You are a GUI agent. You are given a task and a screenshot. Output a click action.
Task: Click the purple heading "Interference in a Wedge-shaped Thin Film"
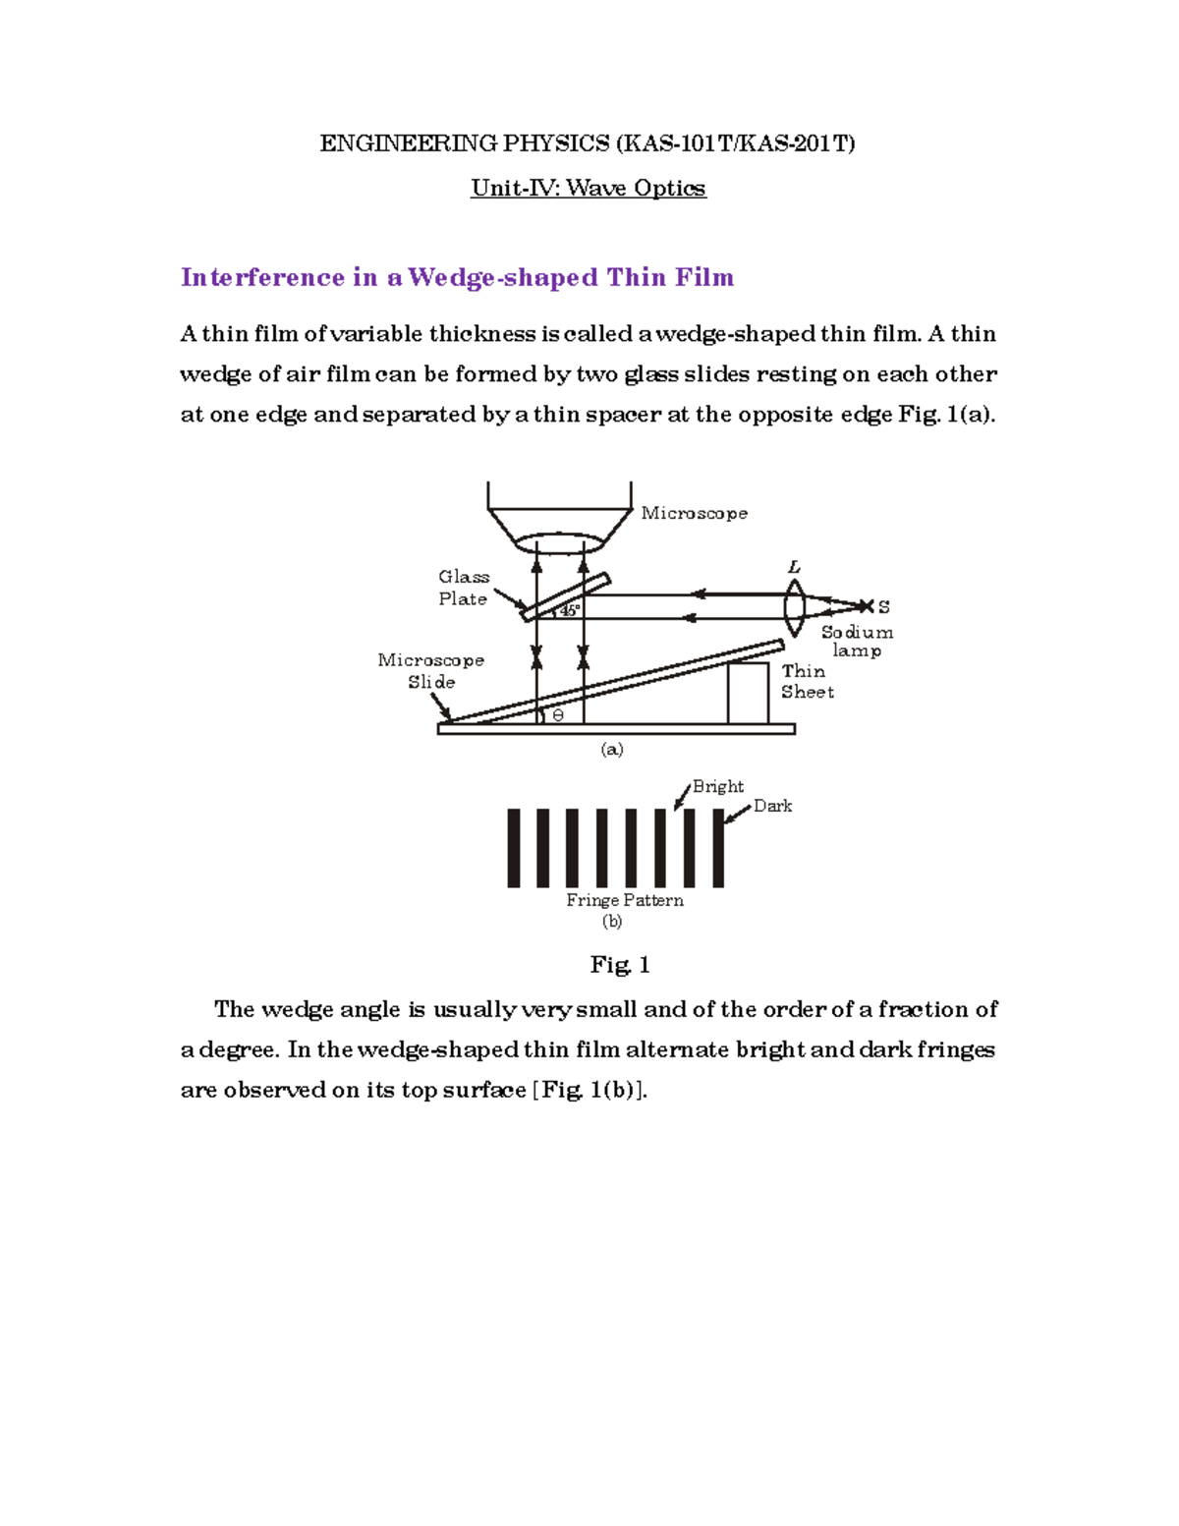pos(457,278)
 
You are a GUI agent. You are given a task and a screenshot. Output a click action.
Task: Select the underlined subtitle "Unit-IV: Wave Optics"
pos(588,188)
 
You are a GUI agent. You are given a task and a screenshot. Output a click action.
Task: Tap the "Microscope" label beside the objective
pos(694,513)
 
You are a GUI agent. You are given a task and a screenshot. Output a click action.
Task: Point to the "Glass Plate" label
pos(463,588)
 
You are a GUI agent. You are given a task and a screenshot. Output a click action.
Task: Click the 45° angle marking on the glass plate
pos(569,610)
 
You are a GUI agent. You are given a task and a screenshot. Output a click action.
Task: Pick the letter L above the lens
pos(794,567)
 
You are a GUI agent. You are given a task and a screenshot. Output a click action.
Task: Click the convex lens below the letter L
pos(794,607)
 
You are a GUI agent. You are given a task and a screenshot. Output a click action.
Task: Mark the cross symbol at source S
pos(866,606)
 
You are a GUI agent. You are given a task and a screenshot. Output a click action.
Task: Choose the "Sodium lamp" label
pos(857,641)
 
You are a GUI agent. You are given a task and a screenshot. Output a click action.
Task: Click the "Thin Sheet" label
pos(807,681)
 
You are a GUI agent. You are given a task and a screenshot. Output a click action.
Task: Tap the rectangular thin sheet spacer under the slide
pos(747,693)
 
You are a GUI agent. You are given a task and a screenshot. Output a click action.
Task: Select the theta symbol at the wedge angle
pos(558,715)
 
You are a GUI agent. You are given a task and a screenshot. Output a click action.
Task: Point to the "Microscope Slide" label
pos(430,670)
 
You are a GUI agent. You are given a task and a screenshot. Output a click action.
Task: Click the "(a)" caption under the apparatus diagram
pos(611,749)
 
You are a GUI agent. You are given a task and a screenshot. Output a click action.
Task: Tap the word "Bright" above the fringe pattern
pos(717,786)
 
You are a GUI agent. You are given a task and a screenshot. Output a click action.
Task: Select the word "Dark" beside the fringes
pos(772,806)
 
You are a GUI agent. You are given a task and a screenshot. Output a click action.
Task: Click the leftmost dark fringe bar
pos(513,848)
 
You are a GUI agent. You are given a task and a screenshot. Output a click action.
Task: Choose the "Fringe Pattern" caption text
pos(624,900)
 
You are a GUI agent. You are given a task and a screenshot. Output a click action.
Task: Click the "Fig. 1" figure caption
pos(619,965)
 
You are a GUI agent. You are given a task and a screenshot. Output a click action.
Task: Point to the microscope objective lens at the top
pos(558,543)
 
